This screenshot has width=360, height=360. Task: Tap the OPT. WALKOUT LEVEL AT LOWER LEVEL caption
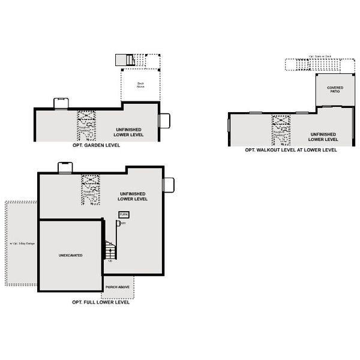pos(290,150)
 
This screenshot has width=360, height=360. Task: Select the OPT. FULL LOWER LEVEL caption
pos(100,302)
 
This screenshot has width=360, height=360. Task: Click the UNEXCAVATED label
pos(71,256)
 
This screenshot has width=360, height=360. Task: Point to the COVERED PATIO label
pos(335,89)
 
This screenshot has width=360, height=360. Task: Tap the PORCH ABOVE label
pos(118,287)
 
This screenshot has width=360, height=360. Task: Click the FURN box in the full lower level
pos(124,214)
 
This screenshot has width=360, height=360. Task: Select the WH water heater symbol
pos(118,223)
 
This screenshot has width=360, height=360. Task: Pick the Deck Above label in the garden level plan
pos(140,85)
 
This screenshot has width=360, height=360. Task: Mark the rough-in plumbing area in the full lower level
pos(90,190)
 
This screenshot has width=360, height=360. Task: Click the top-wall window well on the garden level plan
pos(62,103)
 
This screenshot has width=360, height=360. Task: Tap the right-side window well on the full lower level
pos(169,185)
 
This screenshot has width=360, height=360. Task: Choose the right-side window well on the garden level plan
pos(164,120)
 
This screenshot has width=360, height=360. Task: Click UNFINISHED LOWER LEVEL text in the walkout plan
pos(323,137)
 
